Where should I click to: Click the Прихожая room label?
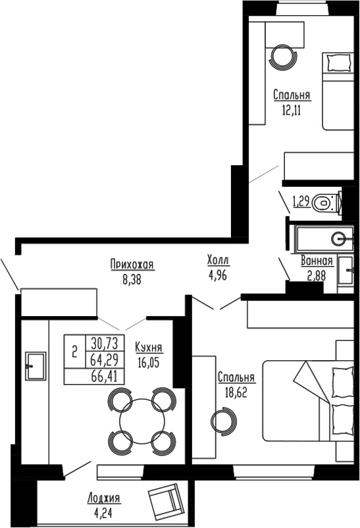point(132,265)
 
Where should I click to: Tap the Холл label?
point(218,261)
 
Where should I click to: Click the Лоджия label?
point(107,498)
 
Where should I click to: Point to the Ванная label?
point(316,261)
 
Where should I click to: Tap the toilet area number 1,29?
point(301,201)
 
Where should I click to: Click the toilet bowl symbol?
point(324,202)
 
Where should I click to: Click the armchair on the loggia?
point(165,501)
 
